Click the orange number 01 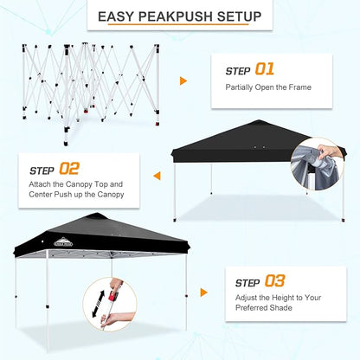pyautogui.click(x=263, y=68)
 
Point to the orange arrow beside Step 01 pyautogui.click(x=183, y=80)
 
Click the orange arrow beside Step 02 pyautogui.click(x=157, y=176)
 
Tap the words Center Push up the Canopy pyautogui.click(x=76, y=194)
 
